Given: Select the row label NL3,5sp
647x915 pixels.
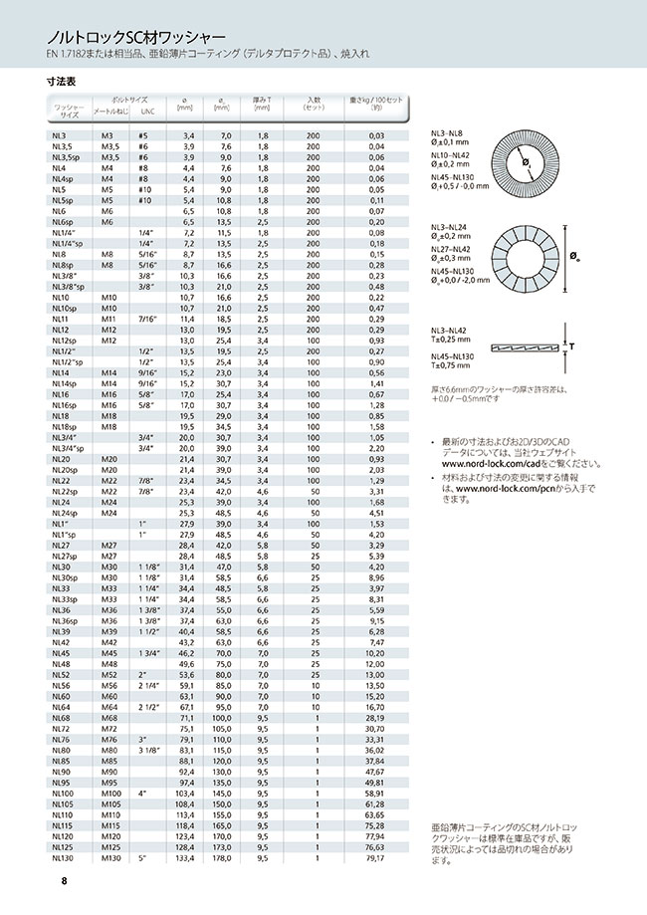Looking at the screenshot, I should [65, 157].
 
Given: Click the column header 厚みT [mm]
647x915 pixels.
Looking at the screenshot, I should [263, 105].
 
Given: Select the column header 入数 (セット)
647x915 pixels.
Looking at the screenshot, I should [314, 105].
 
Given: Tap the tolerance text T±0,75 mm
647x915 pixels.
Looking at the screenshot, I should [451, 366].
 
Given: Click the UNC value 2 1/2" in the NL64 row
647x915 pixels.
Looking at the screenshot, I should [145, 706].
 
